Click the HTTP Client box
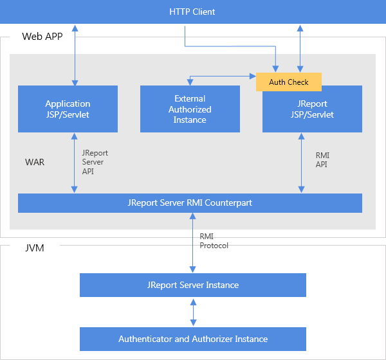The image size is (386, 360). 192,12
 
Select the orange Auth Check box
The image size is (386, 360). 288,82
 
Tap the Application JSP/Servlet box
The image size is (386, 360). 68,109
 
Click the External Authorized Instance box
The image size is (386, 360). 190,109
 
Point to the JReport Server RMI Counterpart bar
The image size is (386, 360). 190,203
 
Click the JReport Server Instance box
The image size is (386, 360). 192,285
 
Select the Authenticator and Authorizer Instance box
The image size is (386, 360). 192,339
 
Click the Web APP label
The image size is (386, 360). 41,37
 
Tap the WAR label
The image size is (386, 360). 35,162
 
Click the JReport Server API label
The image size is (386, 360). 95,163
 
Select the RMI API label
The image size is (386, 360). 322,160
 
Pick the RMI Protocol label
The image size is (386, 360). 214,241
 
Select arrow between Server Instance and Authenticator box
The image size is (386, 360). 193,312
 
